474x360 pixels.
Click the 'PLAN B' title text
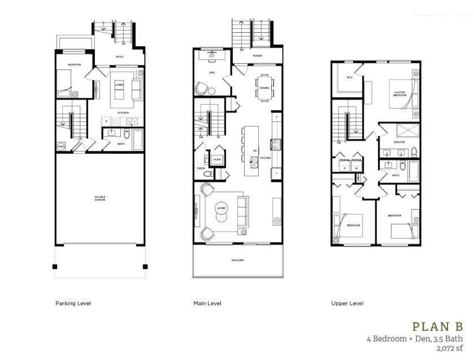point(437,327)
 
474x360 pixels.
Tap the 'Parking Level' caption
point(73,303)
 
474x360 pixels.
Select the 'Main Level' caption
point(207,303)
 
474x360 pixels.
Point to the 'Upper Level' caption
point(347,303)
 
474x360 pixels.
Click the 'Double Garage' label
point(99,198)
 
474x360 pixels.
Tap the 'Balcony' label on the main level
point(237,260)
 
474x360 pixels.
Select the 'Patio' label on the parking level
point(120,57)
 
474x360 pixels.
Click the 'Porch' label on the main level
point(257,55)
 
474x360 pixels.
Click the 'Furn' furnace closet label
point(217,160)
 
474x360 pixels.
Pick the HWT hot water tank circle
point(60,146)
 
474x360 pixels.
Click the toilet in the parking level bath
point(126,135)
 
